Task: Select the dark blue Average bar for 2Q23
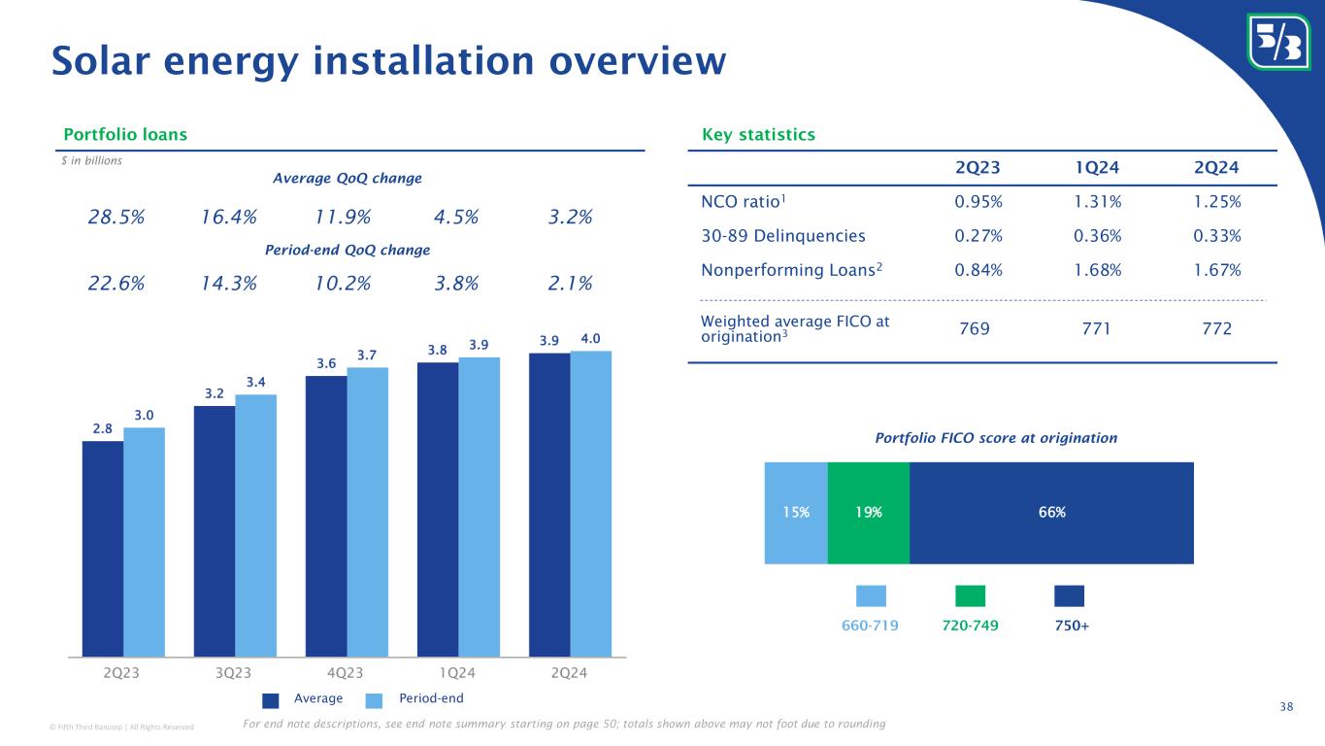102,549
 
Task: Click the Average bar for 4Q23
325,516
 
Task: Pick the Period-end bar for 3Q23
255,526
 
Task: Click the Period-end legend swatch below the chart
376,699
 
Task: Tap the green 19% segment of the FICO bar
868,513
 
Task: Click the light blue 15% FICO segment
796,513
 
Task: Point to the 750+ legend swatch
1069,595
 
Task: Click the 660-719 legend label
872,626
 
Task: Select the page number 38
1286,706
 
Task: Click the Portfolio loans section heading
125,134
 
